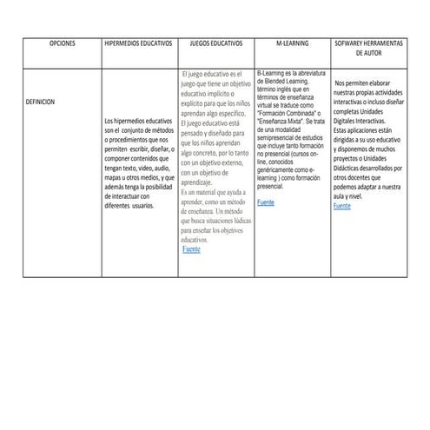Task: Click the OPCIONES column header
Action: coord(63,43)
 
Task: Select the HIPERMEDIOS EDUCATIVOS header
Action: coord(139,43)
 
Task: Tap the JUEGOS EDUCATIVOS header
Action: coord(216,43)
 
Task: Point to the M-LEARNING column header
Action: coord(292,43)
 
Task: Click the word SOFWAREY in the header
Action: coord(353,43)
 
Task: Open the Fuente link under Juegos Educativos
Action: coord(191,249)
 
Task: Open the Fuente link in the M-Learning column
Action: coord(265,202)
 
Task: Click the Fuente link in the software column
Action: coord(342,207)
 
